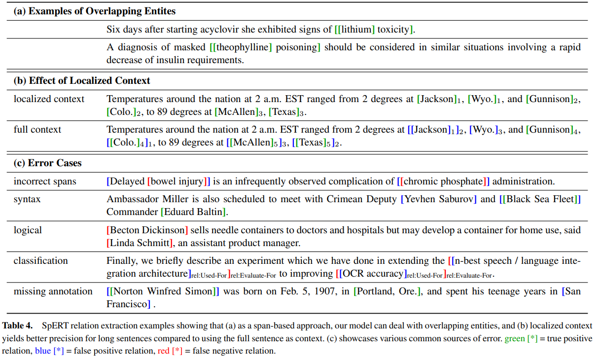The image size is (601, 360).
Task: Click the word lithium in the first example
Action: click(x=357, y=30)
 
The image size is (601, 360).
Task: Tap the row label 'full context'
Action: click(x=37, y=130)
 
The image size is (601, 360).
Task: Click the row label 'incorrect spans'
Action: click(x=45, y=181)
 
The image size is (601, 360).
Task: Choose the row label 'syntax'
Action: click(x=27, y=199)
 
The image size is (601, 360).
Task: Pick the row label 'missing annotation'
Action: click(x=53, y=291)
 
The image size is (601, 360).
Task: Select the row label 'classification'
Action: click(x=41, y=261)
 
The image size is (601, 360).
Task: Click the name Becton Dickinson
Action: click(x=148, y=230)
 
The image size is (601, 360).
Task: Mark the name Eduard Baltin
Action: click(x=194, y=212)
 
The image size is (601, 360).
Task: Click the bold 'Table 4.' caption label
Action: click(x=18, y=326)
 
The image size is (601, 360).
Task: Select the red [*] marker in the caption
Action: click(x=177, y=351)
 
